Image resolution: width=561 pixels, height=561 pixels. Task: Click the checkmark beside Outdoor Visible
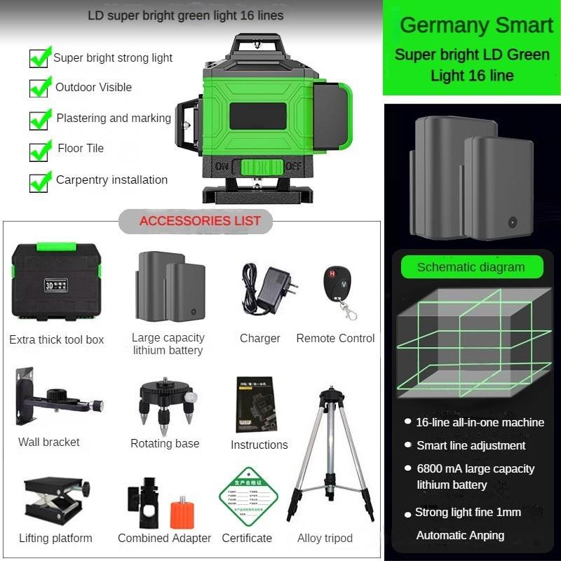[x=40, y=88]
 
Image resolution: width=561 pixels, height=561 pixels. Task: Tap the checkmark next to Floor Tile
[x=40, y=149]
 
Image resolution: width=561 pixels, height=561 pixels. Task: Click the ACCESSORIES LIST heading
[x=200, y=221]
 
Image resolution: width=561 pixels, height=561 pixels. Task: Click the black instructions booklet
[x=255, y=405]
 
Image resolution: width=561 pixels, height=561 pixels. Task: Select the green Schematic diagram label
[x=471, y=267]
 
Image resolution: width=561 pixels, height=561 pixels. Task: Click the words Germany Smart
[x=476, y=25]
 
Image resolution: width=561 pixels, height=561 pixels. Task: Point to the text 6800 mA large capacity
[x=475, y=468]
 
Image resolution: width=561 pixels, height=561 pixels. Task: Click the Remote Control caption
[x=335, y=338]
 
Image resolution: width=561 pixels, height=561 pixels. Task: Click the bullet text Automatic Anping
[x=460, y=535]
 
